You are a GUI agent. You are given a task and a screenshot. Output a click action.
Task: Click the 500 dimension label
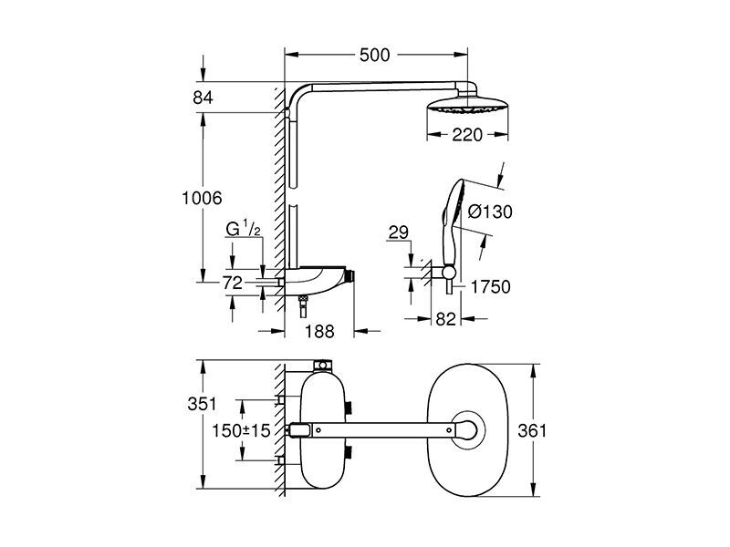[x=374, y=55]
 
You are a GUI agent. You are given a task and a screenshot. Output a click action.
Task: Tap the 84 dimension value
[x=203, y=98]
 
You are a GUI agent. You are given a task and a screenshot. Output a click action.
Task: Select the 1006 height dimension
[x=202, y=198]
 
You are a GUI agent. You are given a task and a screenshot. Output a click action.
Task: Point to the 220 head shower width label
[x=467, y=135]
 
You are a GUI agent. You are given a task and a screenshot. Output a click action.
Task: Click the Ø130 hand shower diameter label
[x=490, y=212]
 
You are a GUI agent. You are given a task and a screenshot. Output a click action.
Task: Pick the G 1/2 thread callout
[x=243, y=229]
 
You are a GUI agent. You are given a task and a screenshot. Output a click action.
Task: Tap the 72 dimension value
[x=233, y=283]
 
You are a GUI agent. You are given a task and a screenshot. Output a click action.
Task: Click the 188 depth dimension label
[x=319, y=331]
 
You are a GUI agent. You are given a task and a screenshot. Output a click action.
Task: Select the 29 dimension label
[x=398, y=232]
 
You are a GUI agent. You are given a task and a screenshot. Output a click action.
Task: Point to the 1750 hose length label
[x=490, y=287]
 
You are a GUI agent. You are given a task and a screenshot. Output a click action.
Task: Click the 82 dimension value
[x=445, y=319]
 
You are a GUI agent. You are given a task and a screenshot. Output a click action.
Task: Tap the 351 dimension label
[x=202, y=404]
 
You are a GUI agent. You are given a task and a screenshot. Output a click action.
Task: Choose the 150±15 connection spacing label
[x=241, y=430]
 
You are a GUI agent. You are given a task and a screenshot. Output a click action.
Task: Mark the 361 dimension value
[x=532, y=430]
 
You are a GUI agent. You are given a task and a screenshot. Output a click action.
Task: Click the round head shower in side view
[x=467, y=105]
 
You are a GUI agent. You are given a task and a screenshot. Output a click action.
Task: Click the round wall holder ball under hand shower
[x=449, y=272]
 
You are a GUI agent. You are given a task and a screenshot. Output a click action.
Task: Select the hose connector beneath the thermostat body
[x=304, y=305]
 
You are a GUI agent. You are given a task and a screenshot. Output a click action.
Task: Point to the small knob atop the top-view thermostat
[x=322, y=365]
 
